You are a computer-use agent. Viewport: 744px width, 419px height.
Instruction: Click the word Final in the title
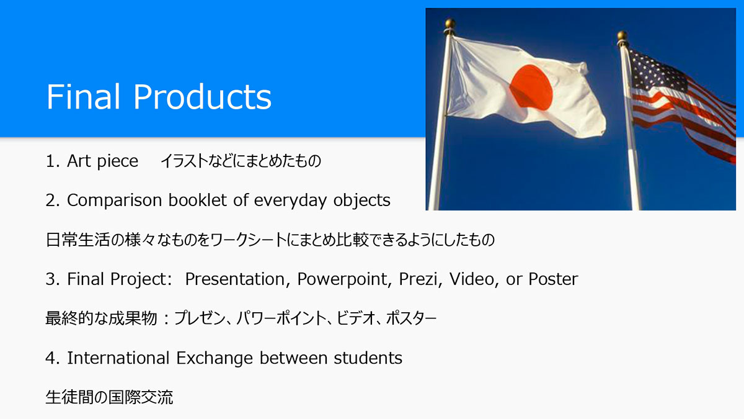pyautogui.click(x=83, y=96)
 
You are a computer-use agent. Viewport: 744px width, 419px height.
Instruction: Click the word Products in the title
pyautogui.click(x=202, y=96)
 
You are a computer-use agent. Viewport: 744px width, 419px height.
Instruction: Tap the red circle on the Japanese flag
pyautogui.click(x=531, y=87)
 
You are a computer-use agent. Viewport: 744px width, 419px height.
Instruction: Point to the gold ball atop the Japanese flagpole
pyautogui.click(x=450, y=24)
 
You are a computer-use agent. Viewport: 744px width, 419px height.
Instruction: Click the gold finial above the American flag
pyautogui.click(x=622, y=35)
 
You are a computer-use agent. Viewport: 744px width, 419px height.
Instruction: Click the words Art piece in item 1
pyautogui.click(x=102, y=161)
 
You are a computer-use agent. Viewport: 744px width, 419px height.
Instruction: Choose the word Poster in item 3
pyautogui.click(x=553, y=279)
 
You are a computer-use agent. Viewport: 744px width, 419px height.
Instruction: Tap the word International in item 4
pyautogui.click(x=118, y=358)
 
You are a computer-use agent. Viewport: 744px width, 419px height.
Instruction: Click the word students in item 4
pyautogui.click(x=368, y=358)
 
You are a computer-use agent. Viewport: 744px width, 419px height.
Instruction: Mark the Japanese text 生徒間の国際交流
pyautogui.click(x=109, y=397)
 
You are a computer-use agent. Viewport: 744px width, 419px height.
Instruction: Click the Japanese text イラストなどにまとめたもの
pyautogui.click(x=241, y=161)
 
